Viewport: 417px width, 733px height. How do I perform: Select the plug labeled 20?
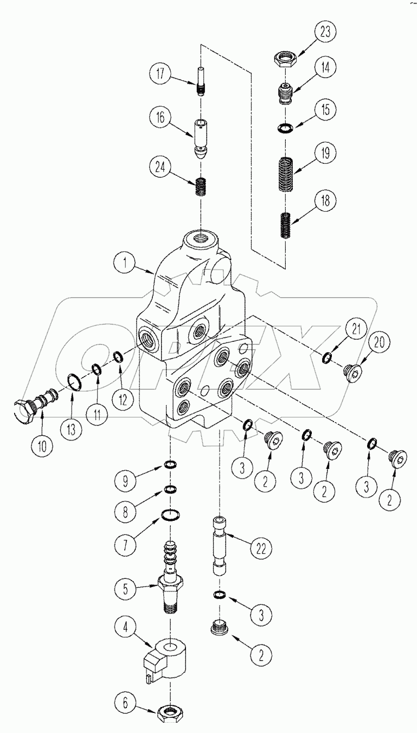[x=354, y=372]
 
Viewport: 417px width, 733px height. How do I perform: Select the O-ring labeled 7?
[x=171, y=514]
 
